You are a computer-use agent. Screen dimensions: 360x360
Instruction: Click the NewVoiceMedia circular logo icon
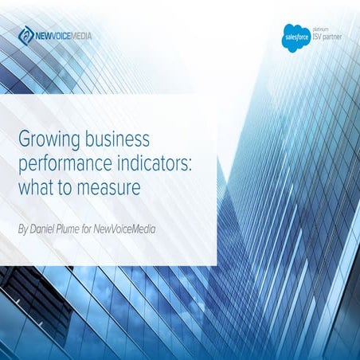26,35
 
